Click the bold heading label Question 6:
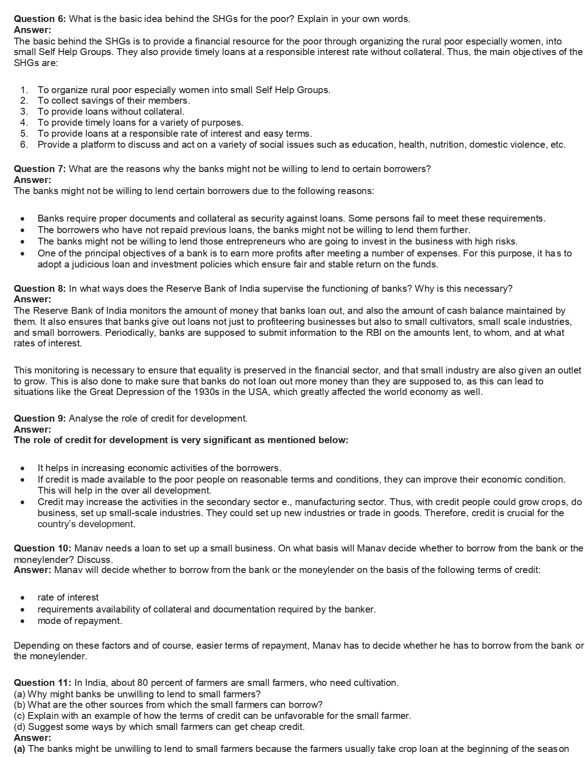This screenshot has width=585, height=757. coord(39,19)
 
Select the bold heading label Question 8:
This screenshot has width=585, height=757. coord(39,289)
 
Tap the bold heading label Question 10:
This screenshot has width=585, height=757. coord(42,548)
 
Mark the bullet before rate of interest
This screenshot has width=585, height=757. coord(22,598)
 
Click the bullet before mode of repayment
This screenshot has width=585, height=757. coord(22,621)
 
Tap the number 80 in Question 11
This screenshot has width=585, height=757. coord(142,683)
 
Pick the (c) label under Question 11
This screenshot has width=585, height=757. coord(20,716)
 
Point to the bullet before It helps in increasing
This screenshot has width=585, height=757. coord(22,468)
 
